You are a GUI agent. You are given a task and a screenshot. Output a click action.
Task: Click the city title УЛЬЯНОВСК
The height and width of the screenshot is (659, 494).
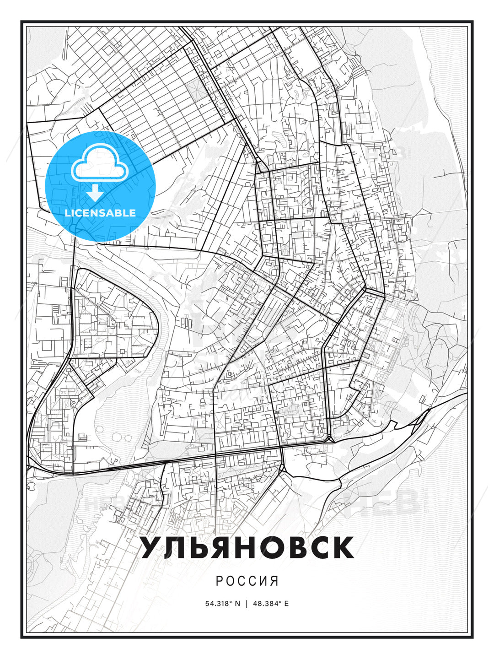click(247, 547)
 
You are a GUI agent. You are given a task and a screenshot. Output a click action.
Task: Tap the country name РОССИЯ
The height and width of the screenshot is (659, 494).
click(247, 581)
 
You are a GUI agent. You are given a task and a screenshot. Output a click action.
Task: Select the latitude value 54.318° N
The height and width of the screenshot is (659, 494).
click(222, 603)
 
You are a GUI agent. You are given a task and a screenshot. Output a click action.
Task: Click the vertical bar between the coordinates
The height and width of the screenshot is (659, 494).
click(247, 603)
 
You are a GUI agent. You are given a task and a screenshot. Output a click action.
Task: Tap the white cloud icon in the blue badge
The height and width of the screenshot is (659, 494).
click(99, 163)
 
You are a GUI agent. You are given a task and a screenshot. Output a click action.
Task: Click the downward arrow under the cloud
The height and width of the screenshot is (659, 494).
click(95, 193)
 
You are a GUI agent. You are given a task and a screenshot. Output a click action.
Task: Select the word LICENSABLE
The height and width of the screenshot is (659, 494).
click(100, 213)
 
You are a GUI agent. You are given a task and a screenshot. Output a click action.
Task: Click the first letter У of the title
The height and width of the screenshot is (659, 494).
click(151, 547)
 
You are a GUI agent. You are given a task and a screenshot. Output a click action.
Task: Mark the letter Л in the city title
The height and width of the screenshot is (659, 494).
click(176, 547)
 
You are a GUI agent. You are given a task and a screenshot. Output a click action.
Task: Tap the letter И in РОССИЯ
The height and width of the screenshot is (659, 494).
click(264, 581)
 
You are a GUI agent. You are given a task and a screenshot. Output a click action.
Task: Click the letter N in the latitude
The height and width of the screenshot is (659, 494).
click(237, 603)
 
